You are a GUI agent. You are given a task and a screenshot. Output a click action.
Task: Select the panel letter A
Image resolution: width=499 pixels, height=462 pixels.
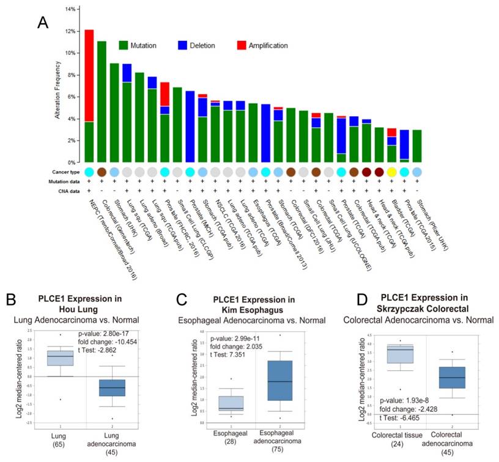[42, 23]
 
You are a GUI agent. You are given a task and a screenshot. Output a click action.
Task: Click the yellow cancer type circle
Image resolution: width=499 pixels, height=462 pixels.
[391, 172]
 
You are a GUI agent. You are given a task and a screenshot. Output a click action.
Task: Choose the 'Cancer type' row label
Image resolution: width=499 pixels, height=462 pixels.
[67, 172]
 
